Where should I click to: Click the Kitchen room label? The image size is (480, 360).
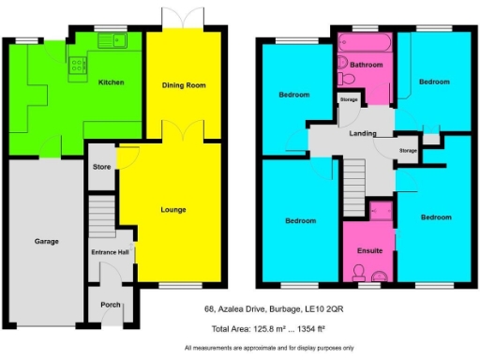[x=112, y=82]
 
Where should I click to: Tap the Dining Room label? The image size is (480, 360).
[x=183, y=82]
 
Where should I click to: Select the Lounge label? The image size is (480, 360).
[x=173, y=209]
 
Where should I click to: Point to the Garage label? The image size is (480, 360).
[x=46, y=241]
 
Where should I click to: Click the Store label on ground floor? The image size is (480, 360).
[x=101, y=168]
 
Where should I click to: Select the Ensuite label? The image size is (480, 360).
[x=369, y=250]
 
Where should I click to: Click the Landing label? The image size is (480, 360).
[x=364, y=134]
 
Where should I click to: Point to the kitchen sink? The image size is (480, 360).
[x=119, y=40]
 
